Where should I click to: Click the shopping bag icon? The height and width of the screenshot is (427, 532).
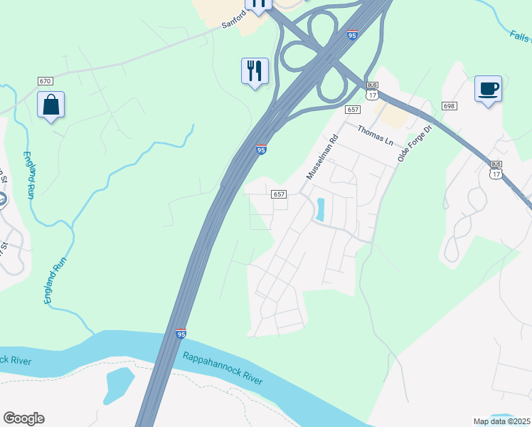pyautogui.click(x=50, y=105)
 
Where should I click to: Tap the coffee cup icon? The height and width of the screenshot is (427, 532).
pyautogui.click(x=488, y=90)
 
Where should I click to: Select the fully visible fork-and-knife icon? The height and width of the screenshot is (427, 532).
pyautogui.click(x=255, y=71)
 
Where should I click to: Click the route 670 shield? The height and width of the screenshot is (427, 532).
pyautogui.click(x=46, y=82)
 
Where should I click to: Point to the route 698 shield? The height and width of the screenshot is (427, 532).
pyautogui.click(x=448, y=105)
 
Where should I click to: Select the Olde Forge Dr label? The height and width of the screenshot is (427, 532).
pyautogui.click(x=415, y=144)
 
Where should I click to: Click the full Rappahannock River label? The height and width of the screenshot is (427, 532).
pyautogui.click(x=223, y=368)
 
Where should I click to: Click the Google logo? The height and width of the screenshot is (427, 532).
pyautogui.click(x=23, y=418)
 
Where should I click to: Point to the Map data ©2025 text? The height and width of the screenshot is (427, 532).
pyautogui.click(x=501, y=421)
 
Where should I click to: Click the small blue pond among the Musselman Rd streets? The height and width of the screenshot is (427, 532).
pyautogui.click(x=320, y=209)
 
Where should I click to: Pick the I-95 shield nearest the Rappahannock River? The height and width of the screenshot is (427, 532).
pyautogui.click(x=181, y=333)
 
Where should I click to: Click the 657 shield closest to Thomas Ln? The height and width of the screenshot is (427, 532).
pyautogui.click(x=353, y=109)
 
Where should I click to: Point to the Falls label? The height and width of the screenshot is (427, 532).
pyautogui.click(x=521, y=35)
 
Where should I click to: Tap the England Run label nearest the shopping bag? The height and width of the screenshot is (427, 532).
pyautogui.click(x=29, y=174)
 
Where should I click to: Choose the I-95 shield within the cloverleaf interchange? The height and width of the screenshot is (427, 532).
pyautogui.click(x=352, y=34)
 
